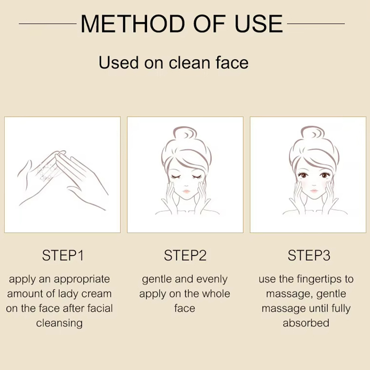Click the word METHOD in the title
coord(133,24)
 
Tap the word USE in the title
coord(259,24)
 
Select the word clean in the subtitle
coord(190,62)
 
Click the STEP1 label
coord(63,255)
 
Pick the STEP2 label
coord(185,255)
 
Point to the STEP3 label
coord(308,255)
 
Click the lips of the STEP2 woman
coord(186,191)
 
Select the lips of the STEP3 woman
coord(314,190)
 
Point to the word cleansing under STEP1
coord(59,323)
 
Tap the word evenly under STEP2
coord(212,279)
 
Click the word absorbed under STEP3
coord(306,323)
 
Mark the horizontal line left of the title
coord(48,24)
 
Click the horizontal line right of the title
coord(316,24)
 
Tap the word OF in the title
coord(210,24)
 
